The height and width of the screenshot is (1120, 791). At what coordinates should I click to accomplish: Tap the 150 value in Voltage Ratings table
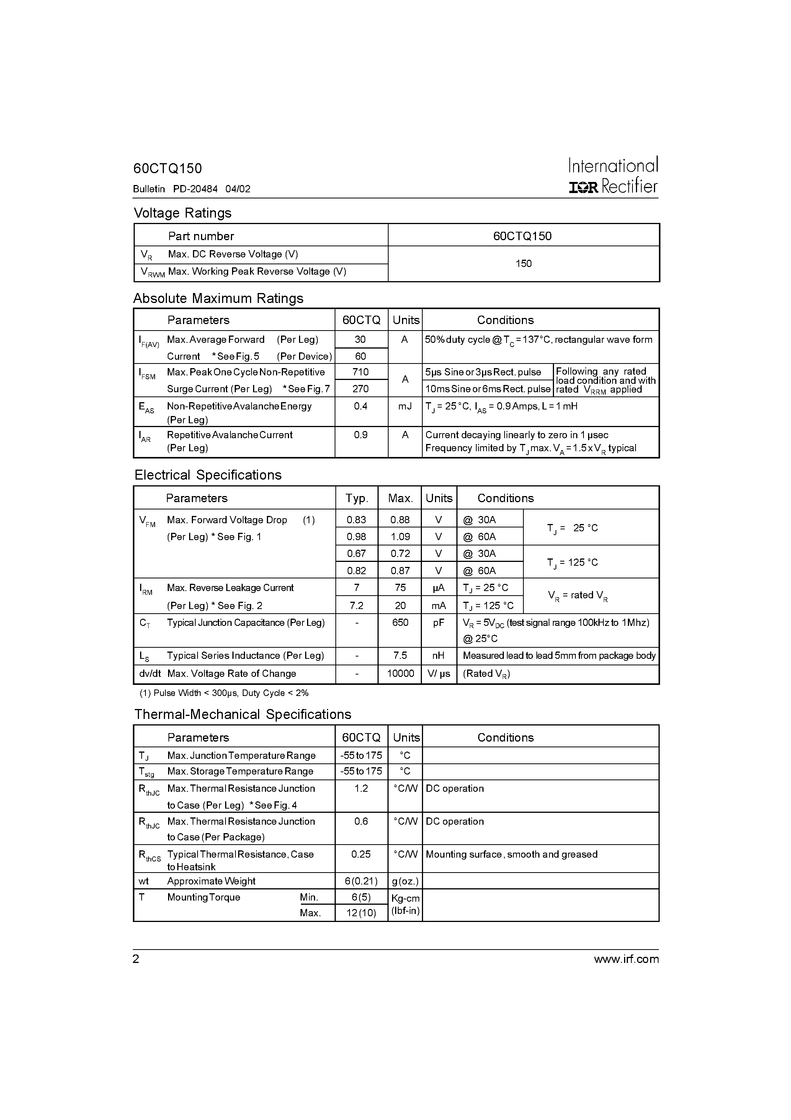coord(523,264)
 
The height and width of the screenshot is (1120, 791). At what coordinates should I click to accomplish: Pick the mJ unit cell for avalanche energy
coord(405,406)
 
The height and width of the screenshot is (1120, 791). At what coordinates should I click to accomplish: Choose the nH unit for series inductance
coord(438,656)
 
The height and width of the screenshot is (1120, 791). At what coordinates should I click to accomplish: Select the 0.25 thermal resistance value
coord(361,854)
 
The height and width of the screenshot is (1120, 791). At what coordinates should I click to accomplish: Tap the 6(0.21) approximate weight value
coord(361,881)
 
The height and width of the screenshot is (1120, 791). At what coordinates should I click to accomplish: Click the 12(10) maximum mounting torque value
coord(361,913)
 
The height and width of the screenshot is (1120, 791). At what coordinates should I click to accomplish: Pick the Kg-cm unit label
coord(405,898)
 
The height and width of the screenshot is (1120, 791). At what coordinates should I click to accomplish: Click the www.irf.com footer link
coord(626,959)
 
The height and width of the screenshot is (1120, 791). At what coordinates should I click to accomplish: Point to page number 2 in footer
coord(136,959)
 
